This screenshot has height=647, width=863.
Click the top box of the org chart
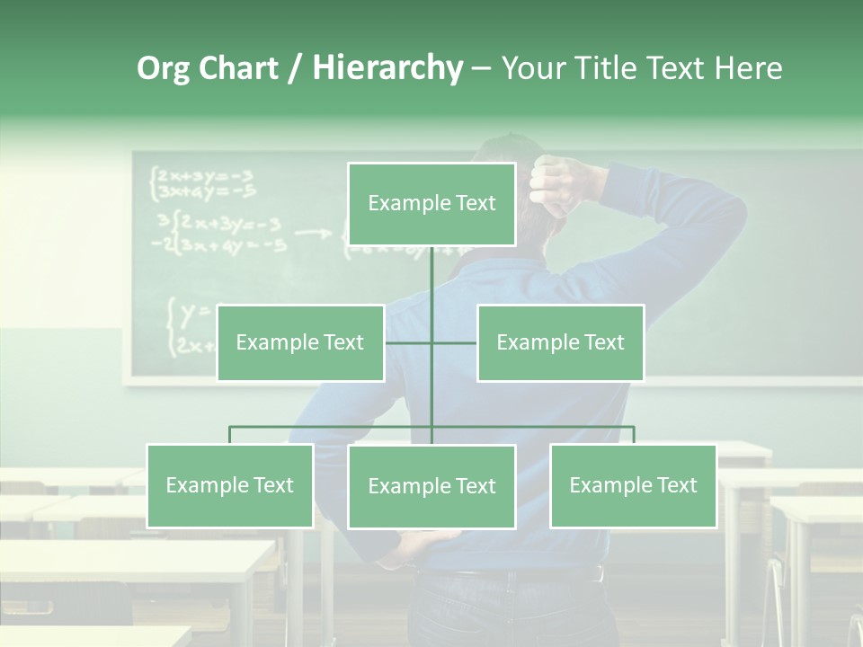431,204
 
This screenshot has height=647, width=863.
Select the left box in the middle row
300,342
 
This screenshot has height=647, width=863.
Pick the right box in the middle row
560,342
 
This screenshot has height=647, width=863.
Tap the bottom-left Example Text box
230,485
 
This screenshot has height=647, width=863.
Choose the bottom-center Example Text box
431,486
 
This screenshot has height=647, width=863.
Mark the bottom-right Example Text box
633,485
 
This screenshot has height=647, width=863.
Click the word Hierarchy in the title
387,68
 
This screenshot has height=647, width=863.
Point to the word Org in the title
163,68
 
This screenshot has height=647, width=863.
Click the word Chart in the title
238,68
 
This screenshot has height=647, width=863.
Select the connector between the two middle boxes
431,342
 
